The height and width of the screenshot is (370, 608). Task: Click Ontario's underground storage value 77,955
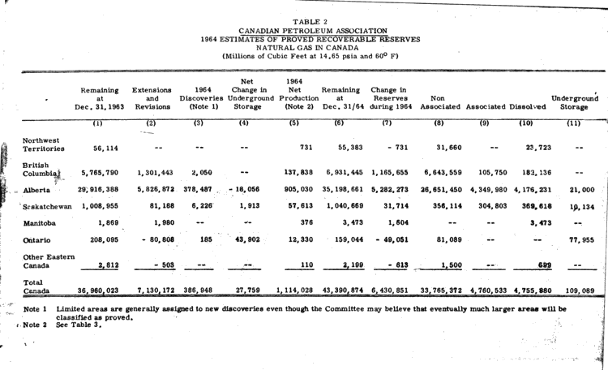pos(579,241)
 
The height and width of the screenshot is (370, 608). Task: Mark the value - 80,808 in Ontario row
pos(152,241)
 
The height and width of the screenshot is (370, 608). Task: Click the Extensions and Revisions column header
pos(151,97)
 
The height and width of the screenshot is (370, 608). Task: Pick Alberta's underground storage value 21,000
pos(582,189)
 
